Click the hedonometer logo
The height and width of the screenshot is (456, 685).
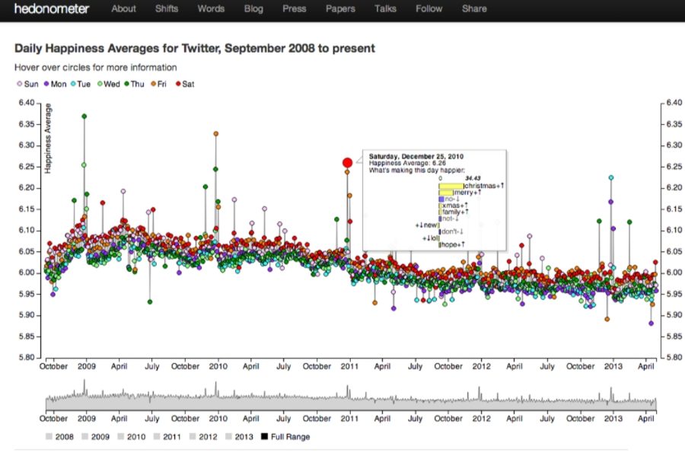[52, 9]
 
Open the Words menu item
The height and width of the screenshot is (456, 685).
[211, 9]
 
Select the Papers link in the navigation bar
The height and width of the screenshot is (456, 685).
[340, 9]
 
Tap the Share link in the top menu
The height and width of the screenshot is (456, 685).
[474, 9]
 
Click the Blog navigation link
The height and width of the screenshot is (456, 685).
[253, 9]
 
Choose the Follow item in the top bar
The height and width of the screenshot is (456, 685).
[429, 9]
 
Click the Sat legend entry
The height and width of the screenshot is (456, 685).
[184, 84]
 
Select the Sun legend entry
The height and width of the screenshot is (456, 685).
[27, 84]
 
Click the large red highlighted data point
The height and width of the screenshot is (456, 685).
[348, 162]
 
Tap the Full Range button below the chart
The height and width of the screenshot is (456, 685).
[285, 437]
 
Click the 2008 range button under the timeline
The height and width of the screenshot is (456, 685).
[60, 437]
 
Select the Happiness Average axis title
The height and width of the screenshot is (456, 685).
[48, 138]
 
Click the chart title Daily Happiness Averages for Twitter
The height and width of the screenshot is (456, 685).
[194, 49]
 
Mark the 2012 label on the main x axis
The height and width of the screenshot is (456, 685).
[482, 366]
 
